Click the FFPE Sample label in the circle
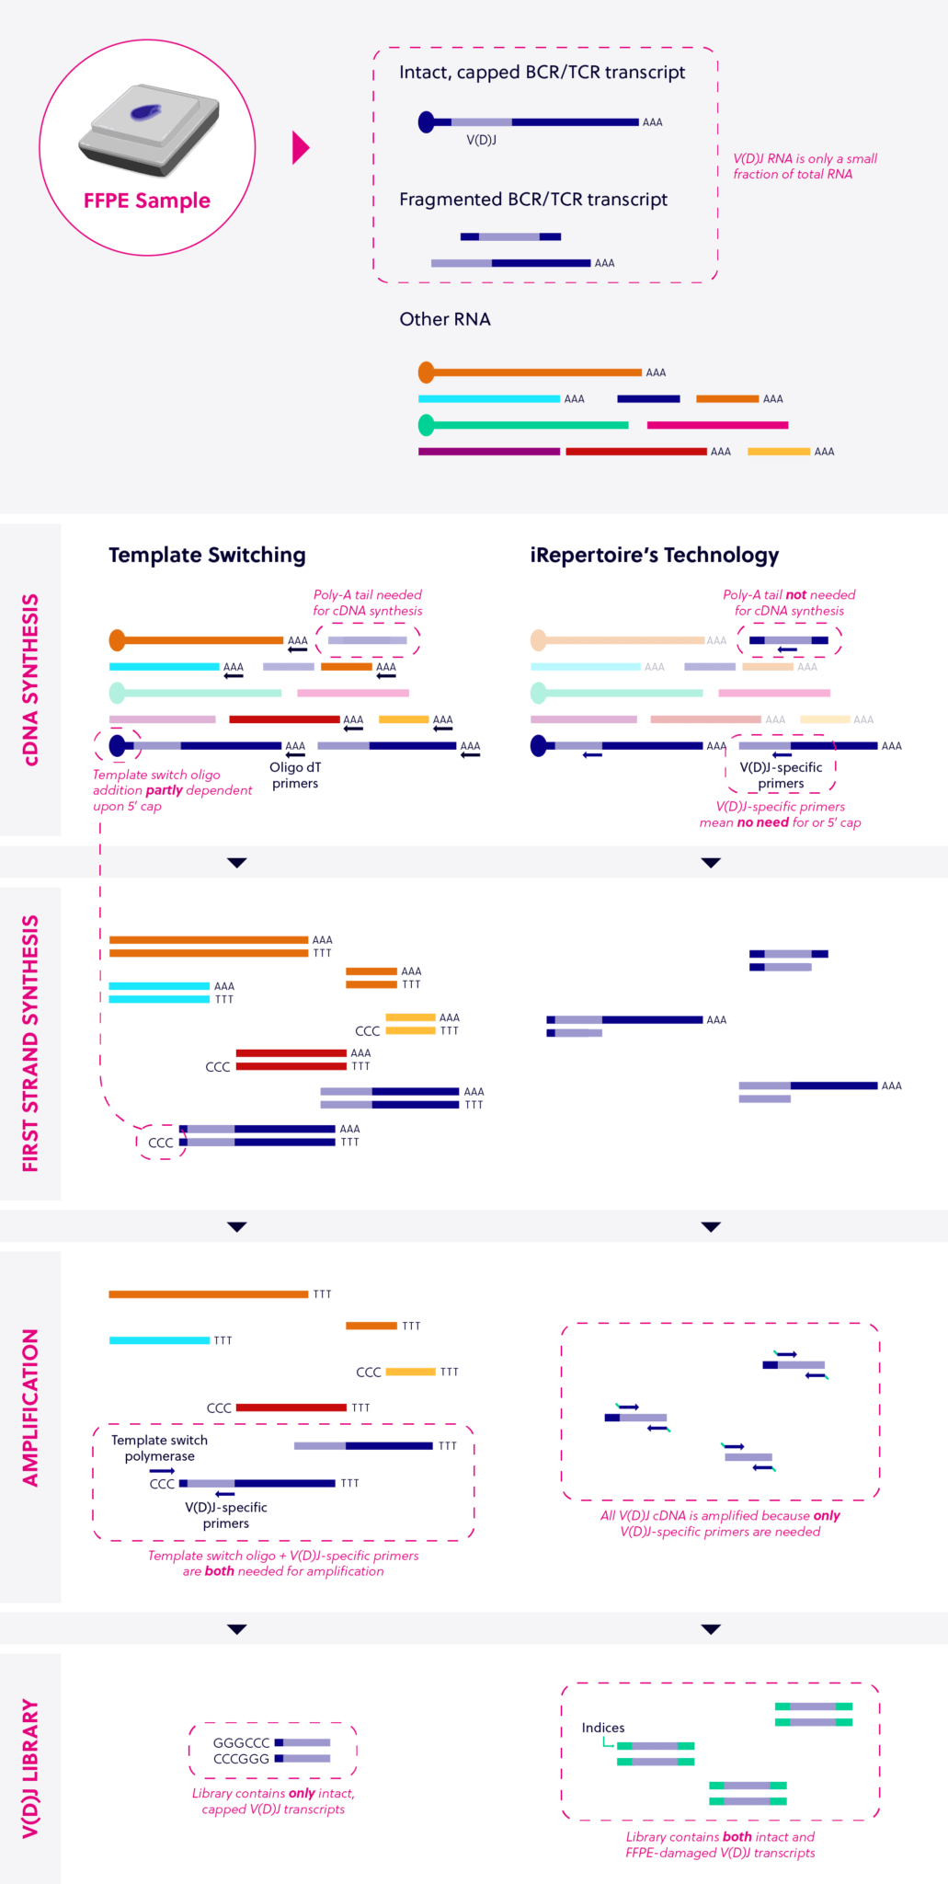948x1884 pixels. [x=147, y=201]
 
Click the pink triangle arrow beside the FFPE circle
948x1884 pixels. [x=300, y=147]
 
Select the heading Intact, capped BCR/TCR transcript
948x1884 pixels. [x=542, y=73]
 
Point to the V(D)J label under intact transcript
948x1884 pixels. [x=481, y=140]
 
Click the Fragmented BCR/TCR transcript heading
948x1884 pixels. [x=532, y=200]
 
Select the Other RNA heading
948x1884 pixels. [x=445, y=319]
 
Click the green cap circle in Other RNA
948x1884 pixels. [x=426, y=425]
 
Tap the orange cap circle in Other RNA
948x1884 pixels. [x=426, y=373]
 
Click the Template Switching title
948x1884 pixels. [x=207, y=555]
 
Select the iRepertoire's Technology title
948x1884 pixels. [x=654, y=555]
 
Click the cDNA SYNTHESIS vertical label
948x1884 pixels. [x=30, y=680]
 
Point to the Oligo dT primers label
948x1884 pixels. [x=295, y=775]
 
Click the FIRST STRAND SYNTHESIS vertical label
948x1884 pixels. [x=30, y=1043]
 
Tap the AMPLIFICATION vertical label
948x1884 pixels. [x=30, y=1407]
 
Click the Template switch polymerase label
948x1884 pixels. [x=159, y=1448]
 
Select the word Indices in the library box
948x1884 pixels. [x=603, y=1728]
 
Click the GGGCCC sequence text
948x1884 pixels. [x=241, y=1742]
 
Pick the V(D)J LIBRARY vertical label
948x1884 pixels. [x=30, y=1768]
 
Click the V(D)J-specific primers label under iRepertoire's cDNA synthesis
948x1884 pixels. [x=781, y=775]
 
